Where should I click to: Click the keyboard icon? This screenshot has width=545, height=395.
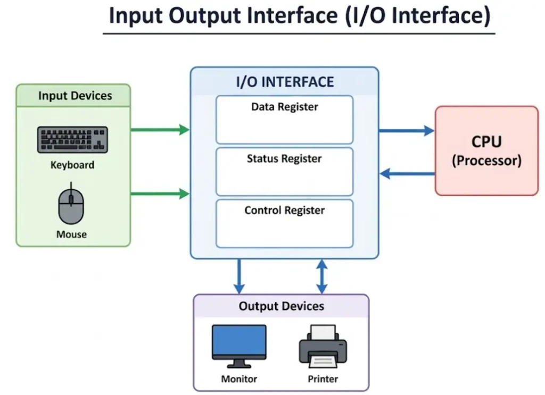pyautogui.click(x=72, y=139)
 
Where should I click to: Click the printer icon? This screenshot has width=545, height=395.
pyautogui.click(x=323, y=347)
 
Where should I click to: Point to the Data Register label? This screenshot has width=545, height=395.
pyautogui.click(x=284, y=107)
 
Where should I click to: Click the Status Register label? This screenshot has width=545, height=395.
pyautogui.click(x=284, y=158)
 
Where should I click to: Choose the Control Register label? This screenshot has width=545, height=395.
pyautogui.click(x=284, y=210)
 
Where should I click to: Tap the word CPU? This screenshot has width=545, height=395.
pyautogui.click(x=486, y=142)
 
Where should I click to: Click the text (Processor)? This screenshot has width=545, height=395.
pyautogui.click(x=486, y=161)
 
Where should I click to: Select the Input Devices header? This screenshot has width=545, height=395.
pyautogui.click(x=75, y=96)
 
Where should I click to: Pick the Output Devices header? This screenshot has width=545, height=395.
pyautogui.click(x=281, y=306)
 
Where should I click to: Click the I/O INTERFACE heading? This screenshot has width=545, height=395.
pyautogui.click(x=285, y=82)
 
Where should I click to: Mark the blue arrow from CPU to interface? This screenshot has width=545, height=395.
pyautogui.click(x=406, y=173)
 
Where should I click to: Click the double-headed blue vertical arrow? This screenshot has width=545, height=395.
pyautogui.click(x=321, y=276)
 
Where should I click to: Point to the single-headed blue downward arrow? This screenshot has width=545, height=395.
pyautogui.click(x=239, y=276)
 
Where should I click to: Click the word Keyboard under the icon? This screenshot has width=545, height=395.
pyautogui.click(x=72, y=165)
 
